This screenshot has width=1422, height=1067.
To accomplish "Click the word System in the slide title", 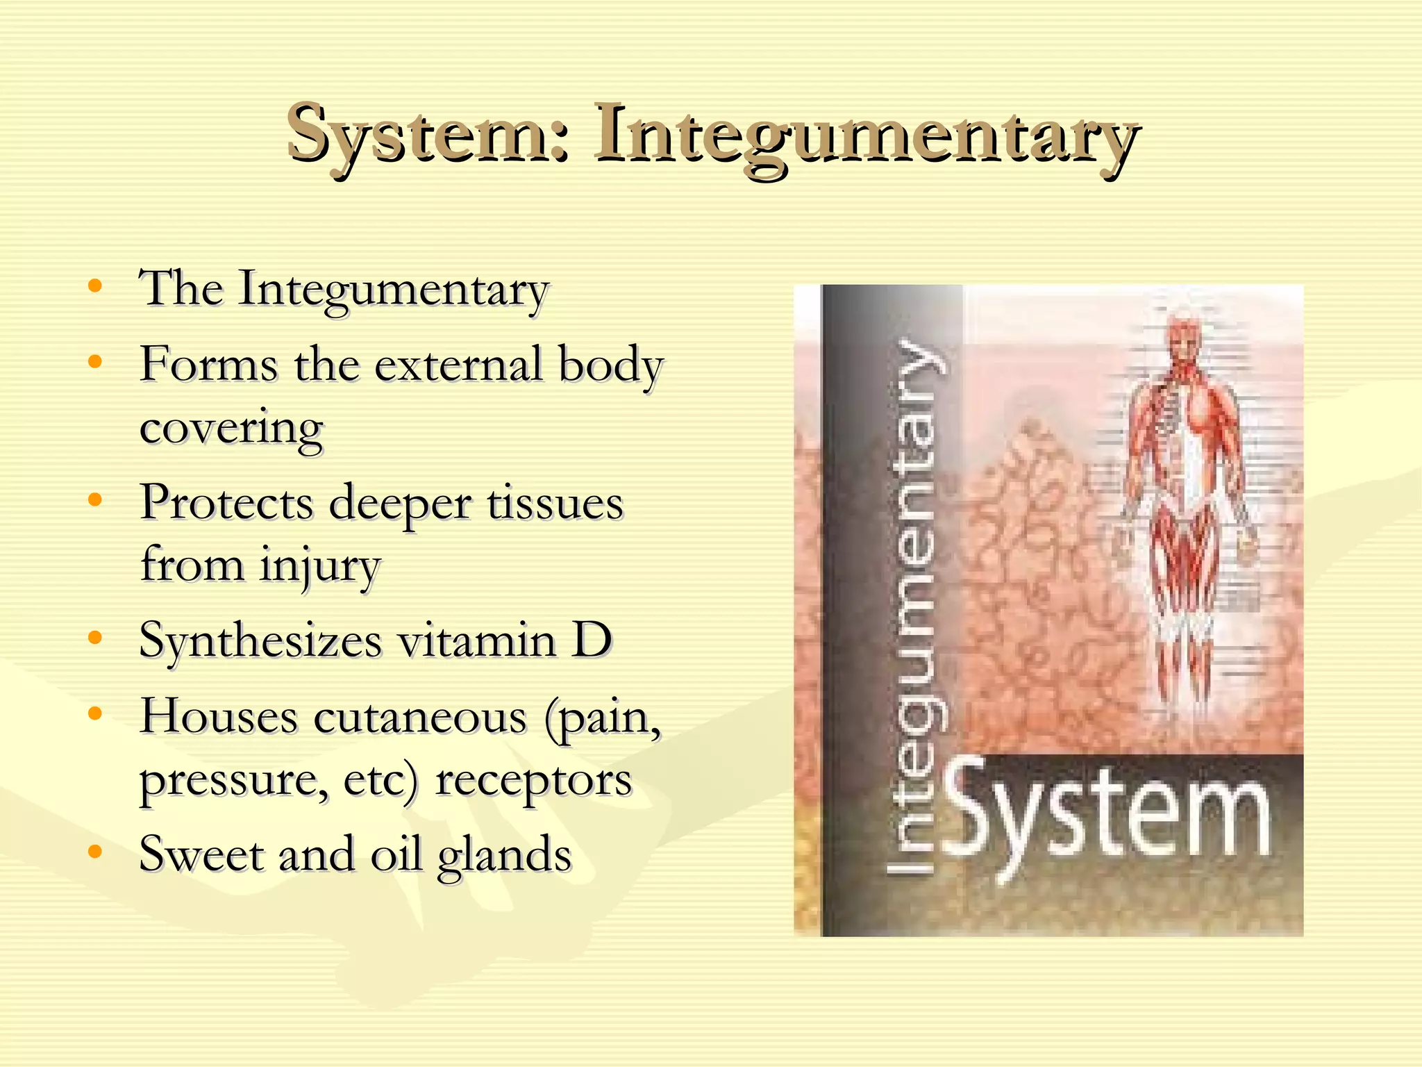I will (428, 133).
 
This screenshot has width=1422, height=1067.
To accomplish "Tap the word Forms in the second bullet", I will (208, 364).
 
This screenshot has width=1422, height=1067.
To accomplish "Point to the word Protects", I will (226, 503).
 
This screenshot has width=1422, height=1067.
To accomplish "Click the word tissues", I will (555, 503).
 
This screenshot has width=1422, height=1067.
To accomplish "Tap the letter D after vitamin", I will (592, 640).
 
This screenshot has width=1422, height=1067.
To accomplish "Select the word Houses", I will (219, 716).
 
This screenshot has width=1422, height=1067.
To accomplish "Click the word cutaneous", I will (420, 718).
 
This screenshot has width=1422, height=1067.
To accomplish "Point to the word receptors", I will (533, 781).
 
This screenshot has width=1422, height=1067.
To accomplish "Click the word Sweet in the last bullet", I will (201, 854).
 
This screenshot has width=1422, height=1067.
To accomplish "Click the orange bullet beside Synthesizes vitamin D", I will (95, 638).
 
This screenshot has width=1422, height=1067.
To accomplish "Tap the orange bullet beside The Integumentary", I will (95, 286).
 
